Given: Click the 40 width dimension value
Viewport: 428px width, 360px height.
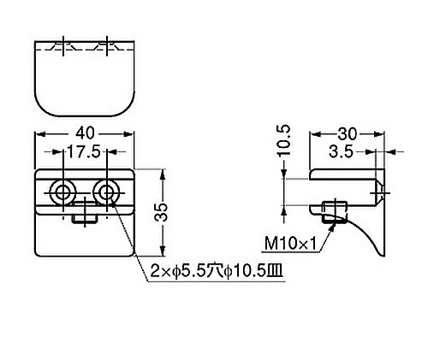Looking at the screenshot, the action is point(85,133).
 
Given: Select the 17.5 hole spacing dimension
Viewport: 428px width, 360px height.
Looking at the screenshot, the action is point(84,151).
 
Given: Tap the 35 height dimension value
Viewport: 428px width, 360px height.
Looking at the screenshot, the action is point(162,212).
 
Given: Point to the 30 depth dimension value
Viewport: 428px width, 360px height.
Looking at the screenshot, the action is point(348,134).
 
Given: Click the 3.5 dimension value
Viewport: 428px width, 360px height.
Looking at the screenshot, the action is point(341,152).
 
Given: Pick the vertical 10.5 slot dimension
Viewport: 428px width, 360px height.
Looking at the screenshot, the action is point(284,140).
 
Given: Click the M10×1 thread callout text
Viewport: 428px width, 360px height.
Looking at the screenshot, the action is point(290,244).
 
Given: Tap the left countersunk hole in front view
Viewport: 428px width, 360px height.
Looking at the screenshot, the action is point(62,192).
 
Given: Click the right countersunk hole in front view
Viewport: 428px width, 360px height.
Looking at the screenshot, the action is point(106,192).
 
